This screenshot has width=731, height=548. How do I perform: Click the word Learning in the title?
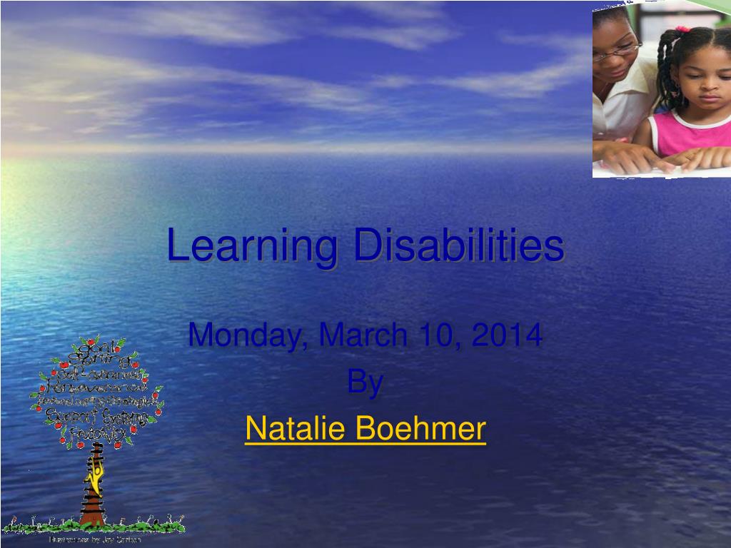point(252,246)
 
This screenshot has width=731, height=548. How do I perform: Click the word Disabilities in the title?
point(458,245)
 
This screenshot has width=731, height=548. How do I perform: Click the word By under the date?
point(365,383)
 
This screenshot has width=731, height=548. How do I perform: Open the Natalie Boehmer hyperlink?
point(365,428)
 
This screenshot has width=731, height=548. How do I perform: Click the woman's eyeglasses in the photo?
point(618,50)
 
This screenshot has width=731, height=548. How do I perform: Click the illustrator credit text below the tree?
point(94,539)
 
